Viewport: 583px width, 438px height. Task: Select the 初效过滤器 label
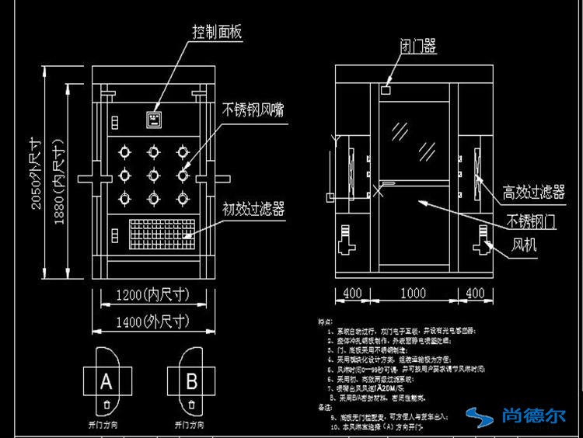253,209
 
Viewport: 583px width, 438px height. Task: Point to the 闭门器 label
417,47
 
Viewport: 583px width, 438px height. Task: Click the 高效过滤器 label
533,192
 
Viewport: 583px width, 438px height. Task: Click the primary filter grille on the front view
160,231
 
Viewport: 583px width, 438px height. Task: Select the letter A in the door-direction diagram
106,381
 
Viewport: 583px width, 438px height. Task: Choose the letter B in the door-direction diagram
190,381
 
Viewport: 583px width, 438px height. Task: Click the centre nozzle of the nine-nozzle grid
153,174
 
